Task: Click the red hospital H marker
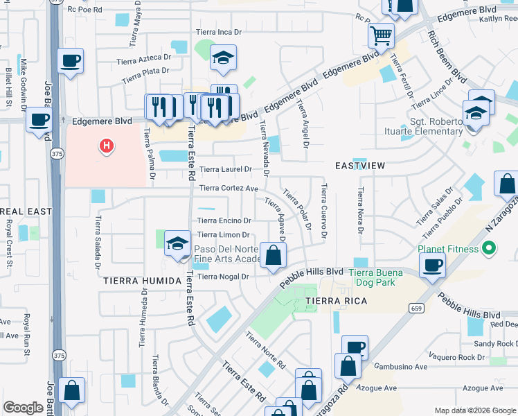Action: pyautogui.click(x=107, y=146)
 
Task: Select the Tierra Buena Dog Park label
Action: pyautogui.click(x=379, y=277)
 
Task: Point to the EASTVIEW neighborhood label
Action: pyautogui.click(x=359, y=166)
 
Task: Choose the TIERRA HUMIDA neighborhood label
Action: pyautogui.click(x=136, y=281)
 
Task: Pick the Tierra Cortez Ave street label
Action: pyautogui.click(x=229, y=188)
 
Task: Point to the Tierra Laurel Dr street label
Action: pyautogui.click(x=225, y=169)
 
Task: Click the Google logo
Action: pyautogui.click(x=22, y=408)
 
